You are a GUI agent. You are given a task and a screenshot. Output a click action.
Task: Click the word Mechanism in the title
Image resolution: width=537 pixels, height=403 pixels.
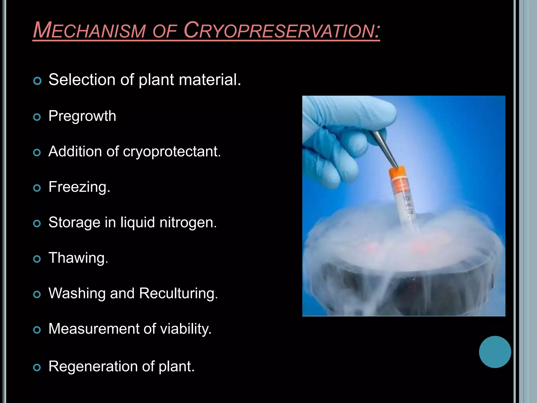pos(89,30)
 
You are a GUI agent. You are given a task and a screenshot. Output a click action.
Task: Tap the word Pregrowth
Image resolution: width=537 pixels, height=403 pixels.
pos(82,116)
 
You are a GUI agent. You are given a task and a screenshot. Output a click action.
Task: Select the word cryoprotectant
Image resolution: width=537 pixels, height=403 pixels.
pos(172,152)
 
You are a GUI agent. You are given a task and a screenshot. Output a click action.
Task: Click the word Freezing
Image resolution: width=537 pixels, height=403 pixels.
pos(79,187)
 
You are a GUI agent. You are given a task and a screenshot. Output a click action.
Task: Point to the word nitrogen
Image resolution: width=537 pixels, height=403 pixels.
pos(188,222)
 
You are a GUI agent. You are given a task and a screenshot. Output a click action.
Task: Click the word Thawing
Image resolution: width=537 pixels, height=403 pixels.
pos(78,258)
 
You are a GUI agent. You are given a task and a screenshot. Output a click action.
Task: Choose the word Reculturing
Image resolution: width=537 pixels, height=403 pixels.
pos(178,293)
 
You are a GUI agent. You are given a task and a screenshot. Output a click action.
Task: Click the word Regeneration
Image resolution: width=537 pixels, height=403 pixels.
pos(93,367)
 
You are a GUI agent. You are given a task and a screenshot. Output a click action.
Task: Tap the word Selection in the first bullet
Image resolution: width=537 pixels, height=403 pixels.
pos(82,80)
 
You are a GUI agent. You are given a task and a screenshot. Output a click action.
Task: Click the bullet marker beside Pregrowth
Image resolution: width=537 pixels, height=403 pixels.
pos(37,117)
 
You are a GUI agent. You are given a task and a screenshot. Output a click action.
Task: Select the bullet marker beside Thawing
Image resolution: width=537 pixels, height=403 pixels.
pos(37,259)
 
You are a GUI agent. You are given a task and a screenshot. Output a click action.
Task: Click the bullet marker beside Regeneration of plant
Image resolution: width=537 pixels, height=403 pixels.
pos(37,367)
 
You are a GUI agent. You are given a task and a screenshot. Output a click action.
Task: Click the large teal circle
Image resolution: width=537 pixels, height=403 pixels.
pos(495,352)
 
